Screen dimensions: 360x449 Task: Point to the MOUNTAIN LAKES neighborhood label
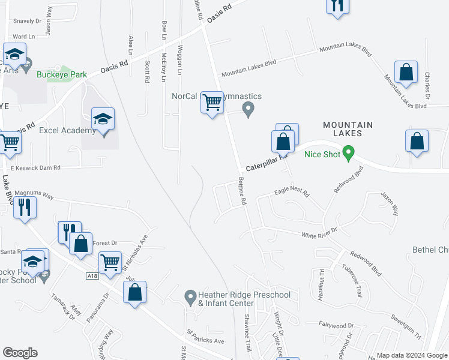pyautogui.click(x=348, y=130)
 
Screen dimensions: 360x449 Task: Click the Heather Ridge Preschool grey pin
pyautogui.click(x=190, y=295)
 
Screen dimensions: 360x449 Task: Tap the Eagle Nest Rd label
pyautogui.click(x=291, y=193)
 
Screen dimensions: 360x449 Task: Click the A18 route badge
pyautogui.click(x=91, y=275)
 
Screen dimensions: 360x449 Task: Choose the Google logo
pyautogui.click(x=20, y=353)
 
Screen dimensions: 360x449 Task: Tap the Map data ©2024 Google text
pyautogui.click(x=411, y=355)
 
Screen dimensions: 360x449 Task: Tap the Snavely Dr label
pyautogui.click(x=22, y=20)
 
